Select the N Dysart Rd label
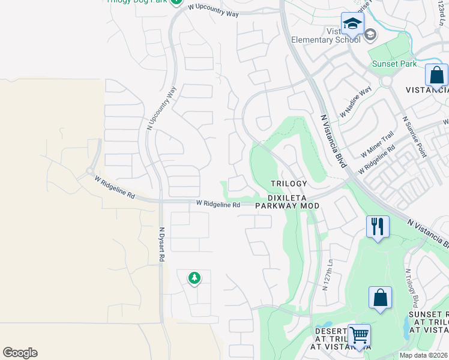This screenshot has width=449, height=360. [161, 244]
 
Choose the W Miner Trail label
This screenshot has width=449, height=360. [378, 145]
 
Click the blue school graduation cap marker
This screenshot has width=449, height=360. [352, 24]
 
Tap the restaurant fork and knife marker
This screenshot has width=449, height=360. [378, 227]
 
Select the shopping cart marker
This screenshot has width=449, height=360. [359, 335]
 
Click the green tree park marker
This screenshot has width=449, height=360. [194, 278]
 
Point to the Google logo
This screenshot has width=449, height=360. [20, 353]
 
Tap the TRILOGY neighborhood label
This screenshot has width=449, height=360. [288, 184]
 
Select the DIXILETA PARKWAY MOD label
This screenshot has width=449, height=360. [287, 200]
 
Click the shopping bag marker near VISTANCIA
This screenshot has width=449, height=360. [436, 76]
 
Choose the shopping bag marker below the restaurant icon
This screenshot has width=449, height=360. [380, 298]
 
